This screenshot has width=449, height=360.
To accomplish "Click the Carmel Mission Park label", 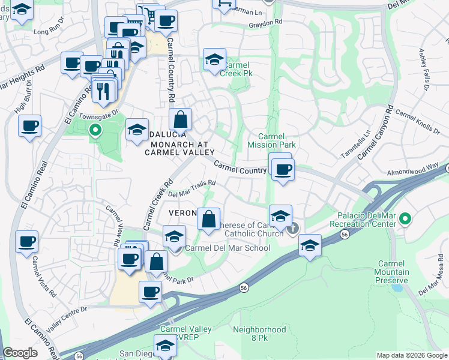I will pyautogui.click(x=271, y=140).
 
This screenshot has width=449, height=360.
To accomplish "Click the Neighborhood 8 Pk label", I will pyautogui.click(x=259, y=334).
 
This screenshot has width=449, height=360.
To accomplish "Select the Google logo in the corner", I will pyautogui.click(x=20, y=353).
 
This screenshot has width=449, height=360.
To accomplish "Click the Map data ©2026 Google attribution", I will pyautogui.click(x=412, y=355).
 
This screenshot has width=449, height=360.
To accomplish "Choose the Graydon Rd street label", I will pyautogui.click(x=266, y=24).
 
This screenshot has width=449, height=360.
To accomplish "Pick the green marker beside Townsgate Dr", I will pyautogui.click(x=95, y=129).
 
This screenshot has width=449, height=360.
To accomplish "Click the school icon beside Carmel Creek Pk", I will pyautogui.click(x=213, y=60).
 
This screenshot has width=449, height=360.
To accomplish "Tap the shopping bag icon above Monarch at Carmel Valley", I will pyautogui.click(x=180, y=120).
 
